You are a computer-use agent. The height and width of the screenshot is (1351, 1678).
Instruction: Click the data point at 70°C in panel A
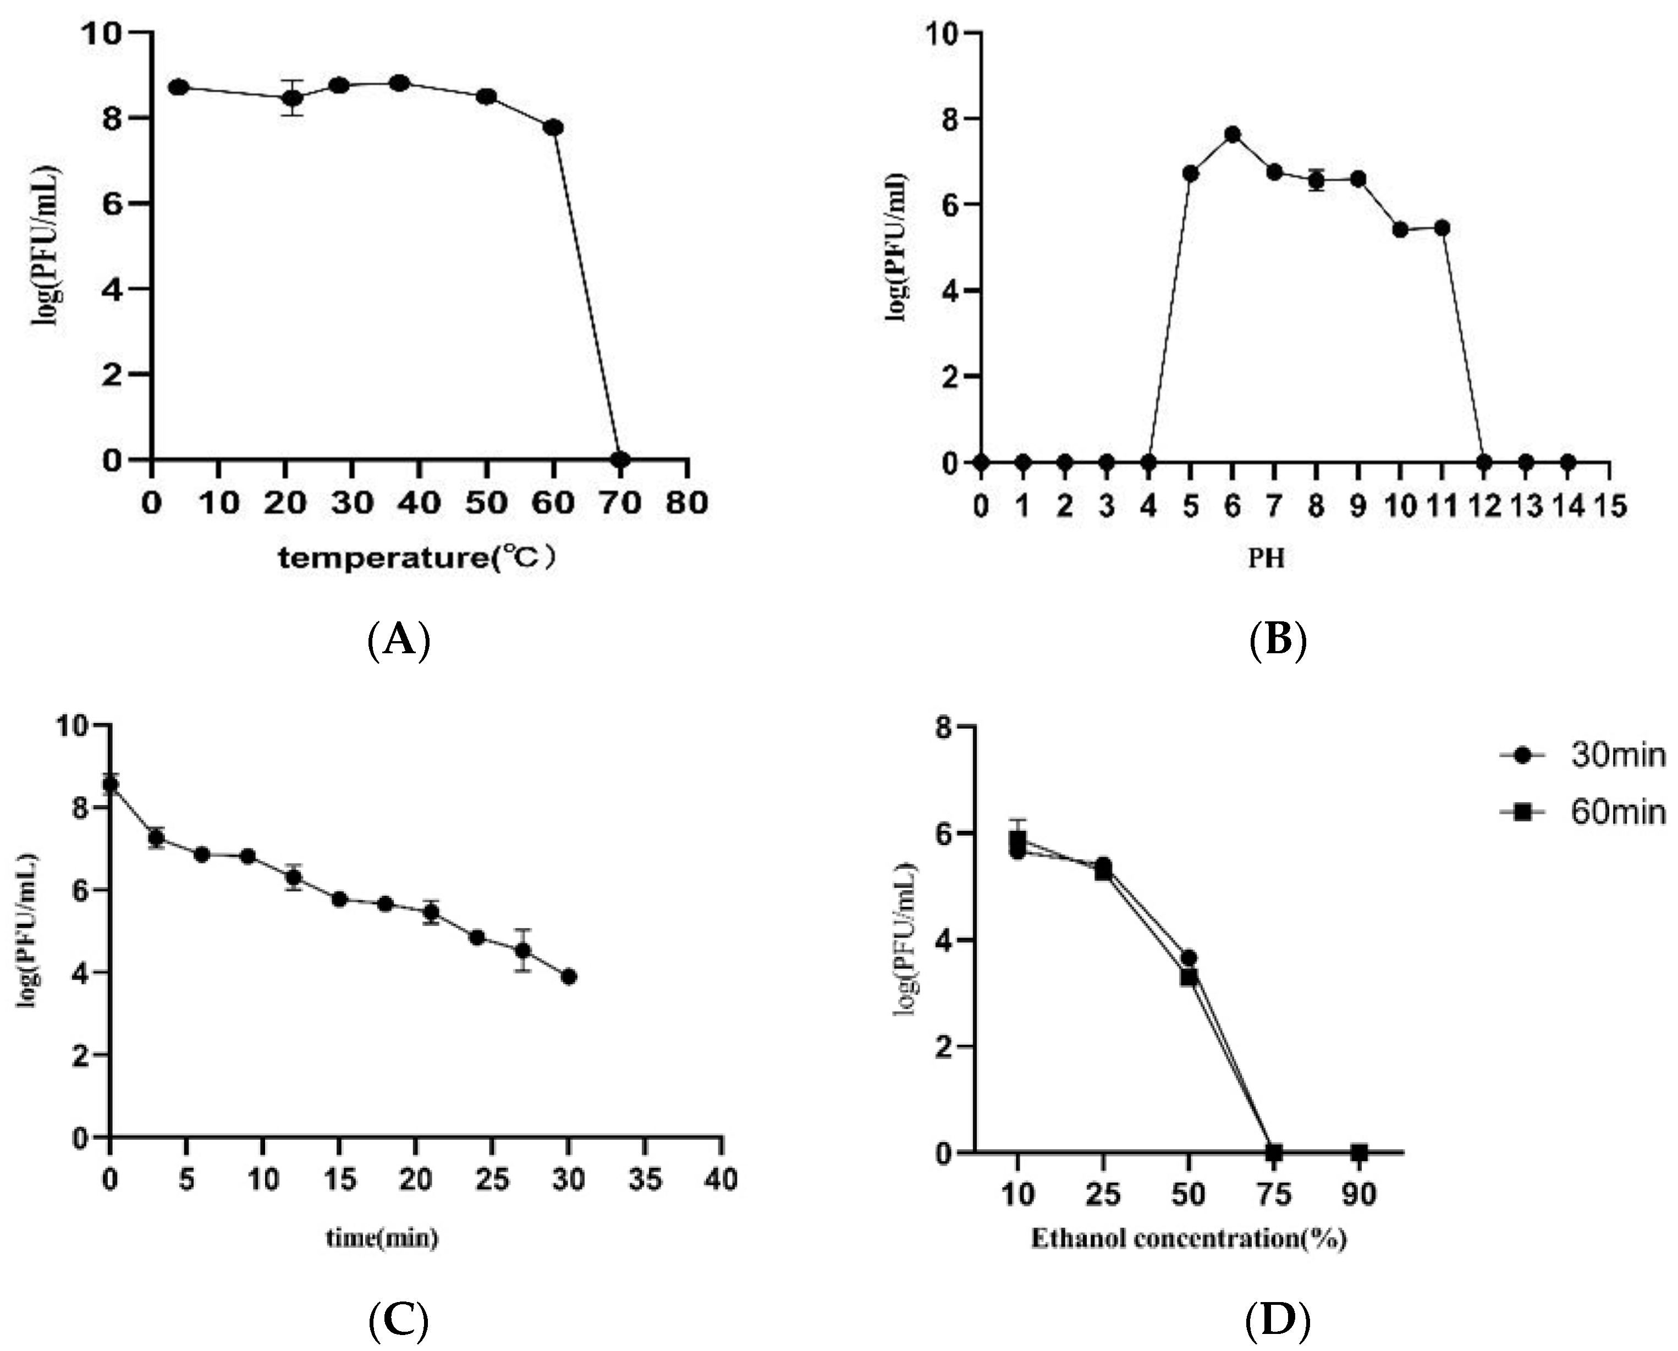620,460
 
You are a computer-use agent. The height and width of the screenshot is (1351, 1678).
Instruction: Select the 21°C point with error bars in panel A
293,98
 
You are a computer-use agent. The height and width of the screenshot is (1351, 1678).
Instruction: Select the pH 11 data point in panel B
1442,228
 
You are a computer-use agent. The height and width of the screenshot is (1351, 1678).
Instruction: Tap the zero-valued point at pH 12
1484,462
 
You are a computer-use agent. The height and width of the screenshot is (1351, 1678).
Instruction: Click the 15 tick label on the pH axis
1609,506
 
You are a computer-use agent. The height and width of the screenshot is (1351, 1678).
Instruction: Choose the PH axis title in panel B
1266,559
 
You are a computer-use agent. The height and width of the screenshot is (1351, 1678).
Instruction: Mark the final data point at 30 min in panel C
569,977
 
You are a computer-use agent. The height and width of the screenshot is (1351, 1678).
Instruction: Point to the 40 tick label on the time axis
720,1181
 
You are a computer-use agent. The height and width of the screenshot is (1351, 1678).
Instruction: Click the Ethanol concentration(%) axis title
1189,1238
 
